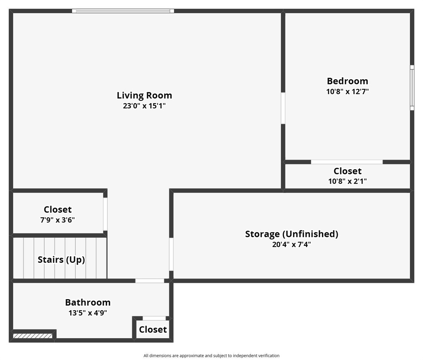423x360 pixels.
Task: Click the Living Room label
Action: point(144,95)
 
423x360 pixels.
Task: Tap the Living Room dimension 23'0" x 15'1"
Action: point(144,106)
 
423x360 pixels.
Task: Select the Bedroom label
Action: point(347,81)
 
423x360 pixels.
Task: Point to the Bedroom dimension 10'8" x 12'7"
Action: point(347,91)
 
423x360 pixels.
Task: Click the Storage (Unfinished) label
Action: point(291,234)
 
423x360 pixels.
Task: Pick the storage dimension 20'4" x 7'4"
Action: point(291,244)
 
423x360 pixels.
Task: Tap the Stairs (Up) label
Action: point(61,260)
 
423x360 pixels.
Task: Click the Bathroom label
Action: point(88,302)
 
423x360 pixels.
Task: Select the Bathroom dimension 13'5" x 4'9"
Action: point(88,313)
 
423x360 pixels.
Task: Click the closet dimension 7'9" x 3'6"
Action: point(57,220)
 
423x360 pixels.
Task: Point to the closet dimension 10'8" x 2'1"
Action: point(347,181)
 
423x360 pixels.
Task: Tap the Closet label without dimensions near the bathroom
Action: point(153,330)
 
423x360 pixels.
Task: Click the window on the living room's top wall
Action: point(123,11)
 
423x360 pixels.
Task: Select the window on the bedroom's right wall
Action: point(412,88)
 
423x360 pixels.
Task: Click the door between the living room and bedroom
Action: point(283,108)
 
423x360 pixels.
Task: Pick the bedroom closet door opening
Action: point(346,162)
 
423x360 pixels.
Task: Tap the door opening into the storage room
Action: point(171,254)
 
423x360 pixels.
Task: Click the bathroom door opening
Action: point(150,281)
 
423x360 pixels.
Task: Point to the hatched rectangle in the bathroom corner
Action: point(33,336)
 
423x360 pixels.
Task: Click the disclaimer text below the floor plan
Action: point(211,355)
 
